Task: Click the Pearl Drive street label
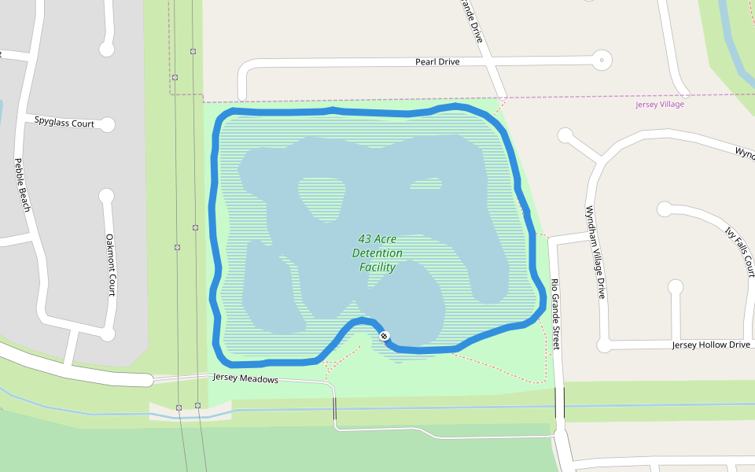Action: click(437, 61)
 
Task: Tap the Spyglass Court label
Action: click(64, 123)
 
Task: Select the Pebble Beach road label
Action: click(22, 185)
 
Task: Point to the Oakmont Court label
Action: click(110, 264)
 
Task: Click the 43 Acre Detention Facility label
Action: click(377, 253)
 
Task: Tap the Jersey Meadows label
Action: click(245, 378)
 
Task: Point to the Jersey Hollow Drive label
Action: click(711, 345)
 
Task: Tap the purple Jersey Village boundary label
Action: click(660, 104)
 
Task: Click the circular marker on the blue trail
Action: click(385, 336)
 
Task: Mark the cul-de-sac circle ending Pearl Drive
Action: click(602, 59)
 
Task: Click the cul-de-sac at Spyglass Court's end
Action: click(108, 124)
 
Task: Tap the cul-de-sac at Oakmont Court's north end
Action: click(107, 195)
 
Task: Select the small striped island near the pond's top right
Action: click(425, 184)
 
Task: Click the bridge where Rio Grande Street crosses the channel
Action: click(559, 402)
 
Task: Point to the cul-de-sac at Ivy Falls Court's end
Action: click(665, 208)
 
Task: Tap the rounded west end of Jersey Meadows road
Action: click(145, 380)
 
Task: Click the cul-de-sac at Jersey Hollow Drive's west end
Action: click(604, 345)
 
